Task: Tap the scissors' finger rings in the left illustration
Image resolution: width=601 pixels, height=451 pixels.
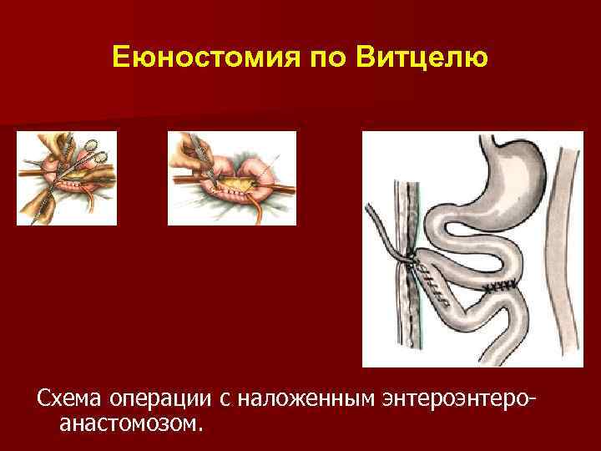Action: coord(93,153)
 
